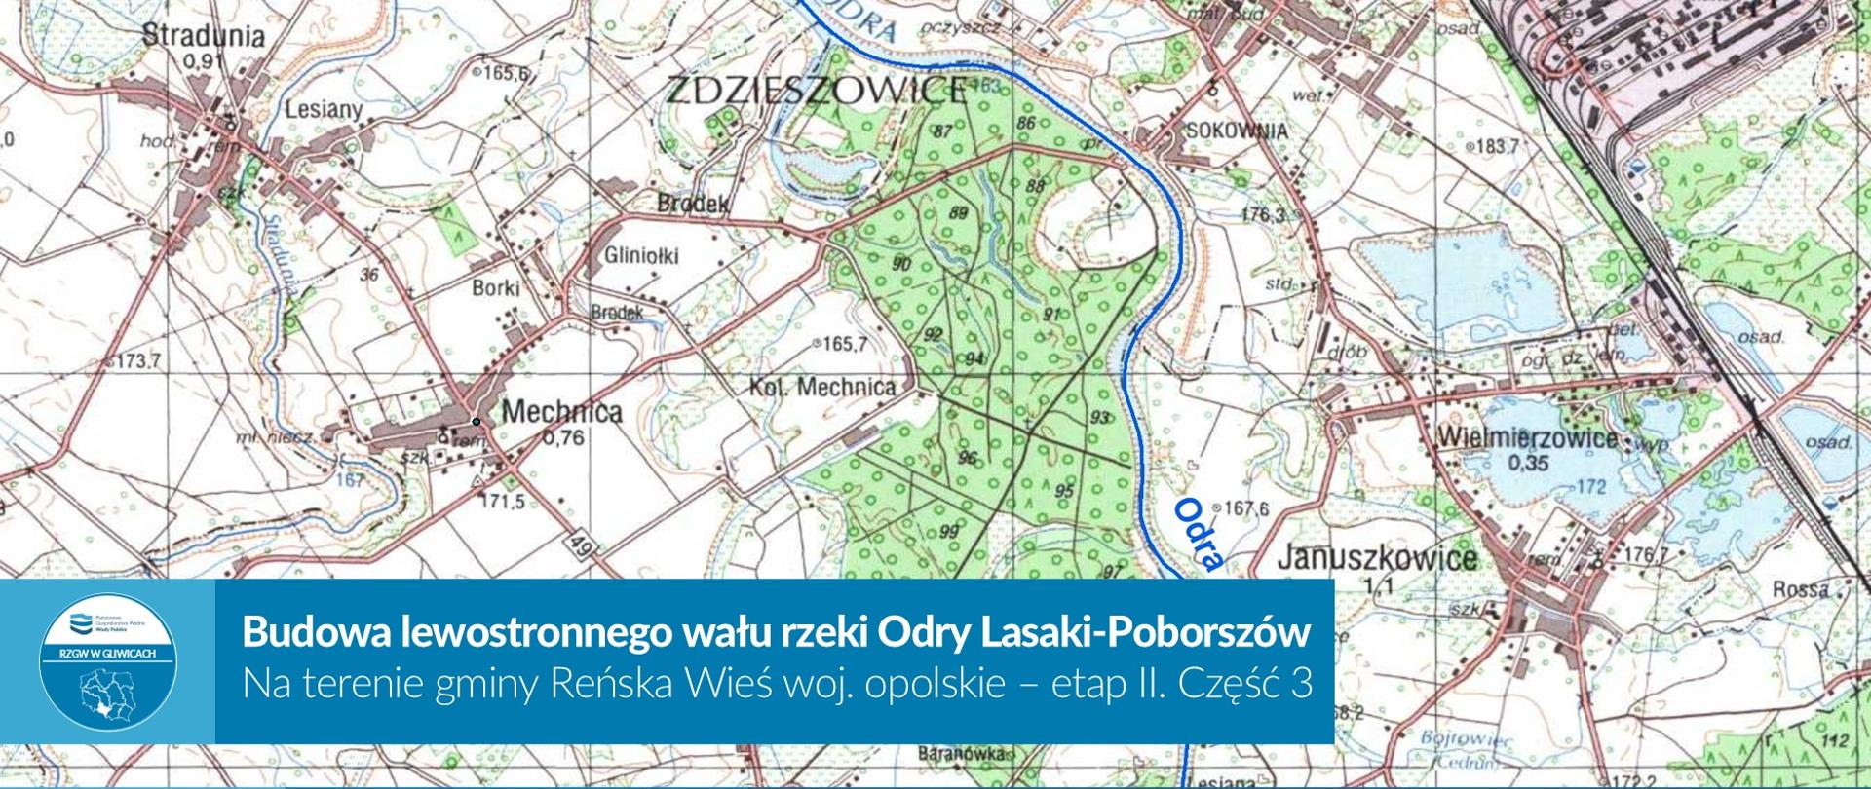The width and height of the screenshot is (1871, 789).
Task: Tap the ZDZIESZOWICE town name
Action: coord(815,92)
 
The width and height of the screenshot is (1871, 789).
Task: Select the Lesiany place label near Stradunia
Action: coord(324,110)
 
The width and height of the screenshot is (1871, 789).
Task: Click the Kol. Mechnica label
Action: coord(822,388)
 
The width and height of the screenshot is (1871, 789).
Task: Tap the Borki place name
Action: coord(496,288)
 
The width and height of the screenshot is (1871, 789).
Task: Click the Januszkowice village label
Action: coord(1376,558)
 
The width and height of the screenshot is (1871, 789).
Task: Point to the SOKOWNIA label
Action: coord(1236,131)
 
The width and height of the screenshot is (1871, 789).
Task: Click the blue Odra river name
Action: coord(1198,534)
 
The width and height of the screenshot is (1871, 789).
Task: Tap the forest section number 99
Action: coord(949,532)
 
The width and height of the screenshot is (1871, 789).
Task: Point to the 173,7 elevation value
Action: coord(139,361)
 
